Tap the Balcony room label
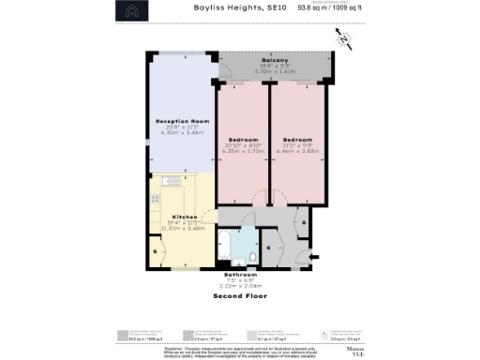click(274, 58)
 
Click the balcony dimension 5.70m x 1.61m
click(274, 69)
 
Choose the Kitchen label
click(158, 216)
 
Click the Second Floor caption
click(240, 295)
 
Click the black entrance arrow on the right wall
click(314, 255)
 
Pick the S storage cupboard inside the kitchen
click(155, 252)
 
